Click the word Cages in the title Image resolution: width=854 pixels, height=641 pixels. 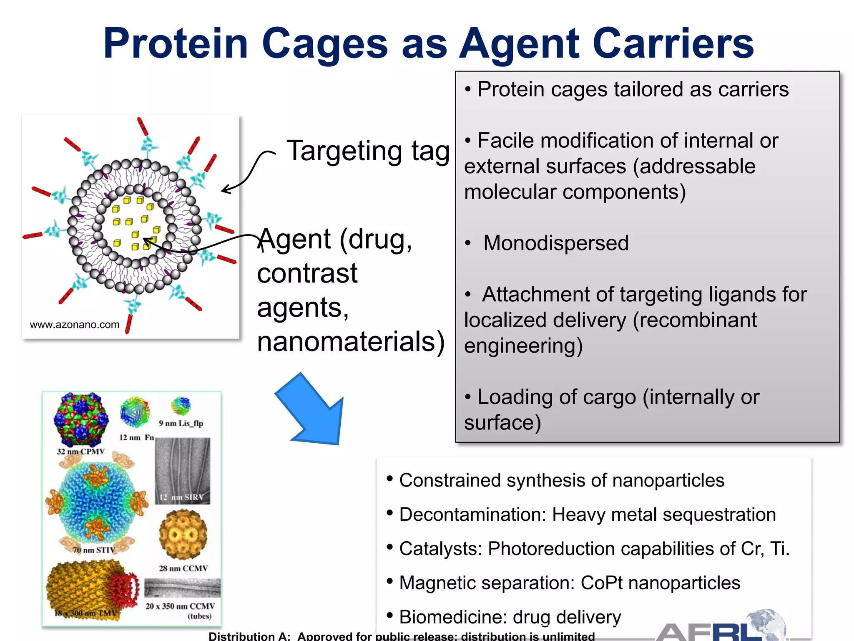325,44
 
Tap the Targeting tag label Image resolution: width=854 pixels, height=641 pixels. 368,151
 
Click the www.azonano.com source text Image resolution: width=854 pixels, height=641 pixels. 75,325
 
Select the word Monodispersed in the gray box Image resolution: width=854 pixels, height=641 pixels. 555,243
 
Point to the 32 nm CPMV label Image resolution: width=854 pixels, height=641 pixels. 80,452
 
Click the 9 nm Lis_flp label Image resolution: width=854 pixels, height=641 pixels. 181,423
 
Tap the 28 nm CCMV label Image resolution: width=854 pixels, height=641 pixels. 183,568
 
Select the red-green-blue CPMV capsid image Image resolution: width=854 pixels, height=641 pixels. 81,419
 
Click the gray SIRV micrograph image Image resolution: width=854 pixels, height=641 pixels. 182,471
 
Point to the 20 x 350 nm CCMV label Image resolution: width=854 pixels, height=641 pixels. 180,606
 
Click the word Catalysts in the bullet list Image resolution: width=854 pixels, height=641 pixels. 440,549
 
